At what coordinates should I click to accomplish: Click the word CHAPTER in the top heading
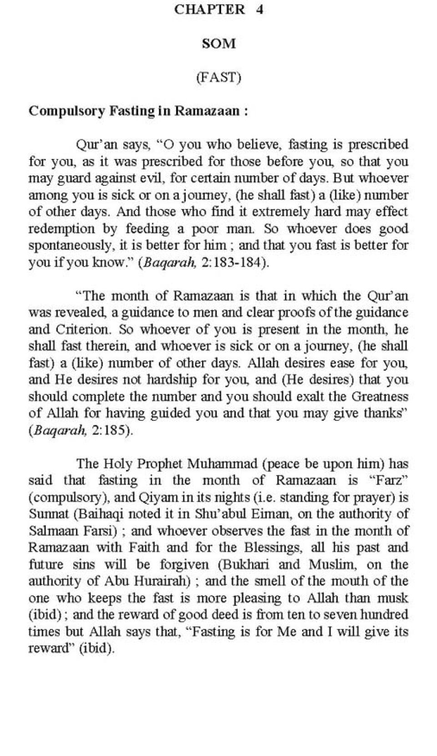[x=209, y=10]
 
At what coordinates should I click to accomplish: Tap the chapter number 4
[x=259, y=10]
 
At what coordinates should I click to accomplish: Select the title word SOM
[x=218, y=44]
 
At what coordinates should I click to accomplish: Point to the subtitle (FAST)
[x=218, y=77]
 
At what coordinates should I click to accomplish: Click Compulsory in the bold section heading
[x=66, y=111]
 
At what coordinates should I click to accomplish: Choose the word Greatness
[x=380, y=397]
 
